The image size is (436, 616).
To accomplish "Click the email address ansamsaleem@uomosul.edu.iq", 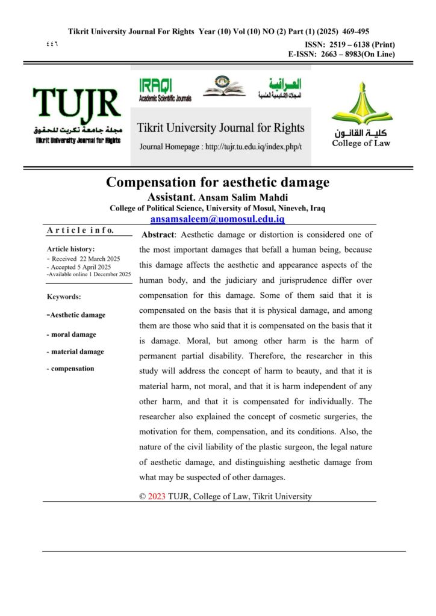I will pyautogui.click(x=217, y=219).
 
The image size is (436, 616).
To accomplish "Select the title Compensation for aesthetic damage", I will pyautogui.click(x=218, y=182).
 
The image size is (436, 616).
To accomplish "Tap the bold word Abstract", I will pyautogui.click(x=158, y=234).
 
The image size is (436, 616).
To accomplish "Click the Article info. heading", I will pyautogui.click(x=80, y=230).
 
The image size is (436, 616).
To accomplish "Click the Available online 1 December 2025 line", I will pyautogui.click(x=89, y=274).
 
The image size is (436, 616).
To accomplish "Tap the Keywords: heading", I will pyautogui.click(x=64, y=297).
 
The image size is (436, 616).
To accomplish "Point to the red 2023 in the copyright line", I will pyautogui.click(x=157, y=496).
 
